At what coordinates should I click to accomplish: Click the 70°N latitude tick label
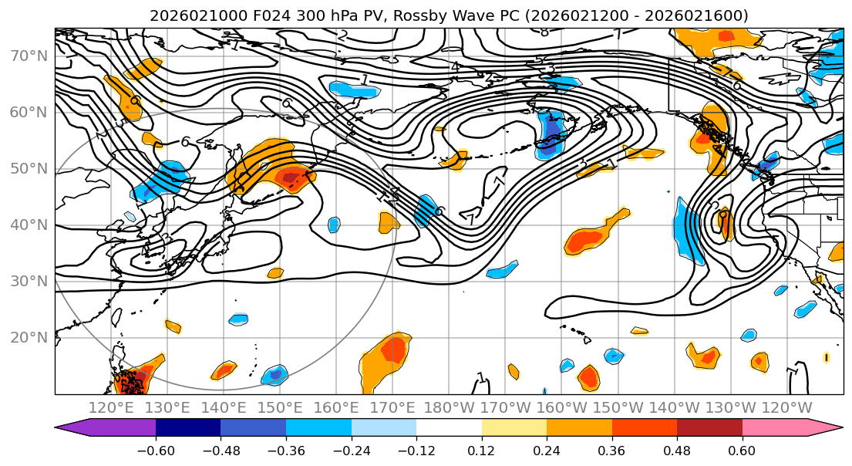tap(28, 56)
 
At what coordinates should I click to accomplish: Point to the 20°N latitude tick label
tap(28, 337)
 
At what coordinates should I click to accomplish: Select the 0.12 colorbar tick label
tap(481, 450)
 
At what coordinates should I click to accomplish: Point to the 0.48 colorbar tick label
tap(676, 450)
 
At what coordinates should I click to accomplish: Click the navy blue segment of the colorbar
tap(188, 428)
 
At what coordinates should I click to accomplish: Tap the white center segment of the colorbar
tap(449, 428)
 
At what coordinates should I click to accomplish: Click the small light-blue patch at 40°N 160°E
tap(334, 225)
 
